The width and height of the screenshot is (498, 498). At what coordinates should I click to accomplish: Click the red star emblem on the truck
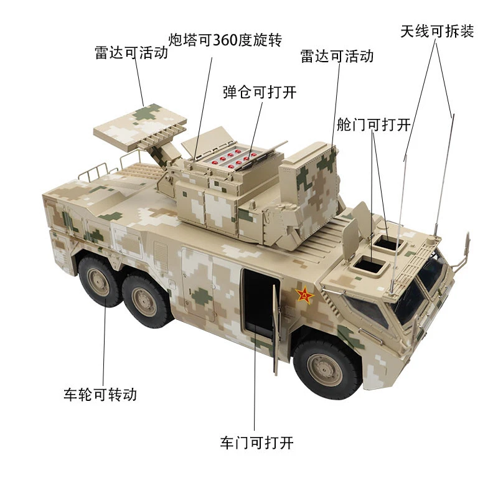tap(304, 294)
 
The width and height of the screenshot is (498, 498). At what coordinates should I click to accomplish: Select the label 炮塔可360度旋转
tap(225, 40)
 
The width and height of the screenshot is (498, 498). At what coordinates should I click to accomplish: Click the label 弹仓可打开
tap(260, 92)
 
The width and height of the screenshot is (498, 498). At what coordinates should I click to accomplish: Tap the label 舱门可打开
tap(373, 125)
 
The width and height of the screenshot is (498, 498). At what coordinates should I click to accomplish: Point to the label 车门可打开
tap(256, 443)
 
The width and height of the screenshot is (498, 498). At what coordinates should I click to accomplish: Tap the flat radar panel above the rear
tap(139, 127)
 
